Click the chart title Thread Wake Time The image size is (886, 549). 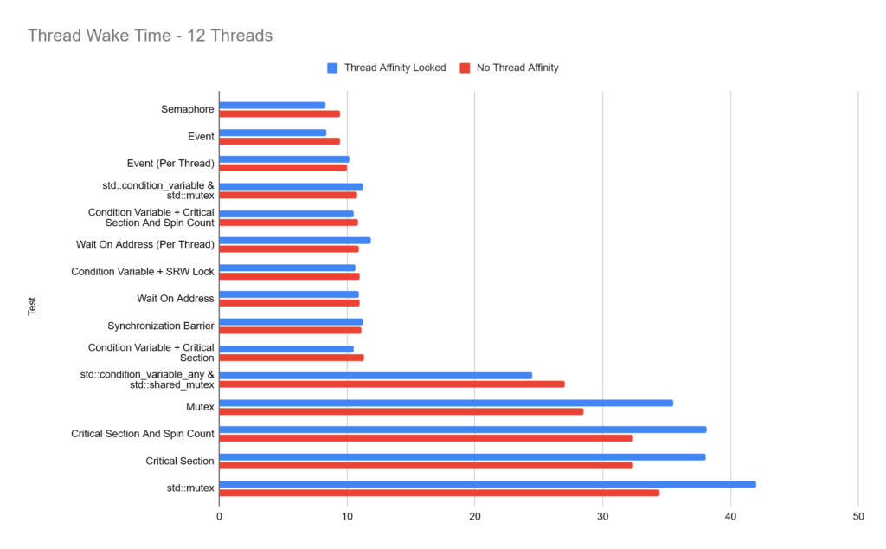(x=150, y=36)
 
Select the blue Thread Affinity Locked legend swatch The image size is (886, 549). (x=332, y=68)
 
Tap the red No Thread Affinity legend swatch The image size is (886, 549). (x=464, y=68)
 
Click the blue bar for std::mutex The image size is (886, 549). (x=487, y=484)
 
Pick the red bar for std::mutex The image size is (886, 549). (x=439, y=493)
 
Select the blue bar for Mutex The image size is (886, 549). (x=446, y=403)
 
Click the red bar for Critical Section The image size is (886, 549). (x=426, y=465)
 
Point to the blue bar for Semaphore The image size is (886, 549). (x=272, y=105)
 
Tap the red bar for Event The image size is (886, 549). (x=279, y=141)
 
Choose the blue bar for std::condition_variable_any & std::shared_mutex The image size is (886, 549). (x=376, y=375)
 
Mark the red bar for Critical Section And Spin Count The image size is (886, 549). (x=426, y=438)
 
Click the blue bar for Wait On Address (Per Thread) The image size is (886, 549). (x=294, y=240)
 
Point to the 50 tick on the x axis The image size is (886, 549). (x=857, y=516)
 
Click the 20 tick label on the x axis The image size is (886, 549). (x=474, y=516)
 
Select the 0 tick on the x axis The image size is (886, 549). (x=219, y=516)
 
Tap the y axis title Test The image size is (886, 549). (x=32, y=306)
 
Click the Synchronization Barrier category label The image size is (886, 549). (x=161, y=326)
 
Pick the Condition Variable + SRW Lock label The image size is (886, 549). (x=143, y=272)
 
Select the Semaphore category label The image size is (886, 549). (x=188, y=109)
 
